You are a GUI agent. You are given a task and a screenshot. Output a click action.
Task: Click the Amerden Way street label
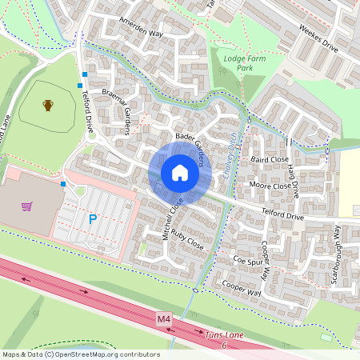[x=141, y=28]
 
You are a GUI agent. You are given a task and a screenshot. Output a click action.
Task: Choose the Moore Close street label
[x=270, y=186]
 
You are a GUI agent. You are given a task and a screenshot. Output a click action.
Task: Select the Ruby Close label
[x=187, y=242]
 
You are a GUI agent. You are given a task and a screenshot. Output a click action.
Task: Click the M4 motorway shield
[x=164, y=319]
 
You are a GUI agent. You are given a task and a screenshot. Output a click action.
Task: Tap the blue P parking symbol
[x=93, y=218]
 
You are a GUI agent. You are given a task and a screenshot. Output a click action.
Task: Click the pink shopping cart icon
[x=27, y=206]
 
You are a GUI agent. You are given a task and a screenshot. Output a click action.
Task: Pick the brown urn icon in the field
[x=48, y=105]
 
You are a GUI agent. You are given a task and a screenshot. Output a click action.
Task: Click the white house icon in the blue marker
[x=180, y=173]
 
